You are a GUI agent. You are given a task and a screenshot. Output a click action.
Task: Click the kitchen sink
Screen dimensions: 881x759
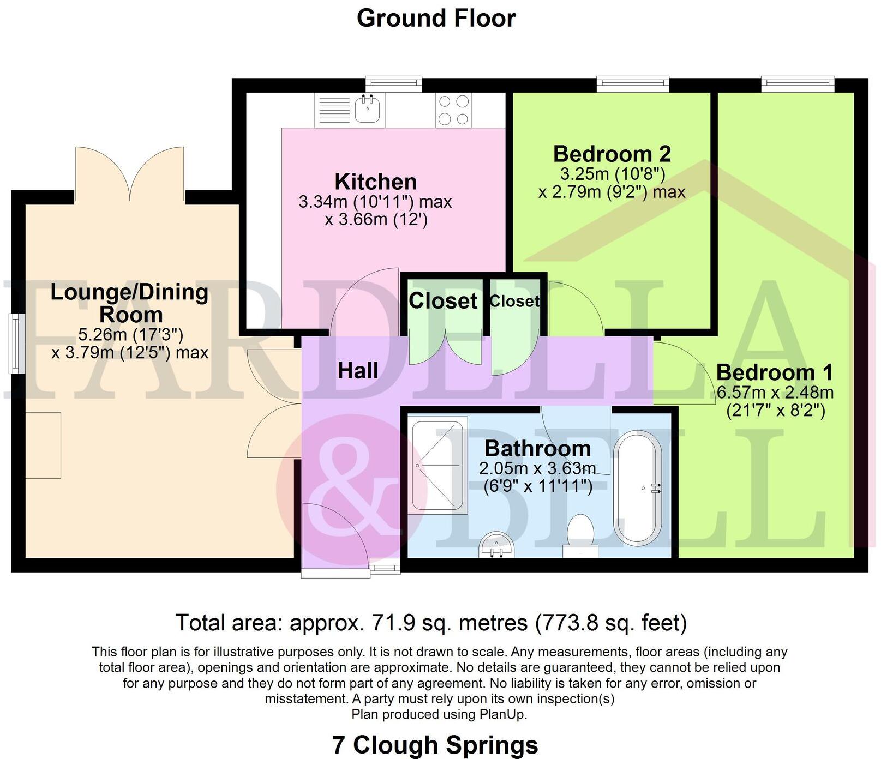(x=367, y=109)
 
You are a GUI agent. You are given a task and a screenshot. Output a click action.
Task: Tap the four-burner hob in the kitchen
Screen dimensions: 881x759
(x=453, y=110)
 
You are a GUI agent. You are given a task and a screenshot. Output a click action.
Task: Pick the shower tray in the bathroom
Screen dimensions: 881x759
(x=439, y=465)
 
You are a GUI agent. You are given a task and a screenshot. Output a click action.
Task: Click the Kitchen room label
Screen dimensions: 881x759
(x=376, y=182)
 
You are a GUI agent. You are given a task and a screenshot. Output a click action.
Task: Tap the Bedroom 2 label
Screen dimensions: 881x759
(x=612, y=154)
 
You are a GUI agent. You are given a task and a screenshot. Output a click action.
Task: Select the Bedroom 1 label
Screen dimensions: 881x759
(x=775, y=373)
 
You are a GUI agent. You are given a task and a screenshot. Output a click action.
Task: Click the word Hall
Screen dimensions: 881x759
(x=358, y=371)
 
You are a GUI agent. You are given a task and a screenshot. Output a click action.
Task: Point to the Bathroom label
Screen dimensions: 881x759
(x=537, y=449)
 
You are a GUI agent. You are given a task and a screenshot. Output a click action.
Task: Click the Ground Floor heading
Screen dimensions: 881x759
(x=436, y=18)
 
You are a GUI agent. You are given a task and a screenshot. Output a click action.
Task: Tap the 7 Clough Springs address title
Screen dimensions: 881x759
(x=435, y=745)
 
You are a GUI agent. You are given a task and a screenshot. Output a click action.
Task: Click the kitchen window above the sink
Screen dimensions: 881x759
(x=393, y=83)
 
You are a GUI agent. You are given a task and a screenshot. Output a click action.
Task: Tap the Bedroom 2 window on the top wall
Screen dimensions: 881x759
(x=633, y=83)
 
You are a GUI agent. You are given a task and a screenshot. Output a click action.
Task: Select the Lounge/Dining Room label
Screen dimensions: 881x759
(x=130, y=303)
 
